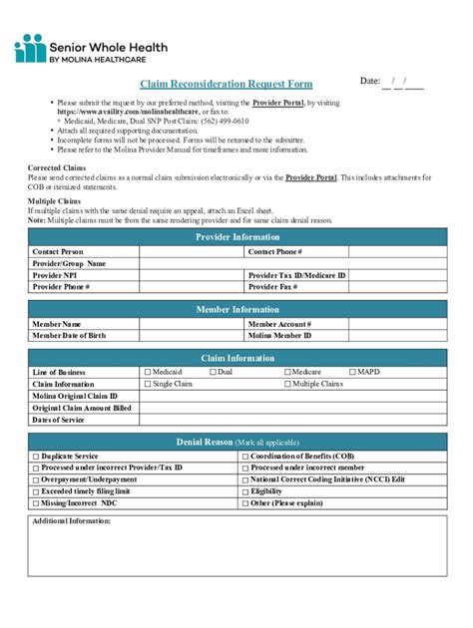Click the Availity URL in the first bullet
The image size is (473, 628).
[x=121, y=113]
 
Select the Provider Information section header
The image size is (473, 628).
[x=236, y=237]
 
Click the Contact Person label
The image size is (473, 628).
[x=58, y=252]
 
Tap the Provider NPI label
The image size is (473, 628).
[x=55, y=274]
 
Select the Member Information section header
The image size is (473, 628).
[x=236, y=310]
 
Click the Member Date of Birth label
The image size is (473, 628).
[x=69, y=336]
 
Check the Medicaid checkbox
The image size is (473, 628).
[x=148, y=372]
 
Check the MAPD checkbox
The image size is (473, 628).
[x=351, y=372]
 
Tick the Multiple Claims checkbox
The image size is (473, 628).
[x=287, y=384]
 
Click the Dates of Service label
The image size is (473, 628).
[x=59, y=420]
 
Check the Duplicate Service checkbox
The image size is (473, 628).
[x=36, y=456]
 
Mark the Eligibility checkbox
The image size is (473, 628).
[x=244, y=491]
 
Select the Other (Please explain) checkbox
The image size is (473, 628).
[x=244, y=503]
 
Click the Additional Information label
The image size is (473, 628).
[x=72, y=521]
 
